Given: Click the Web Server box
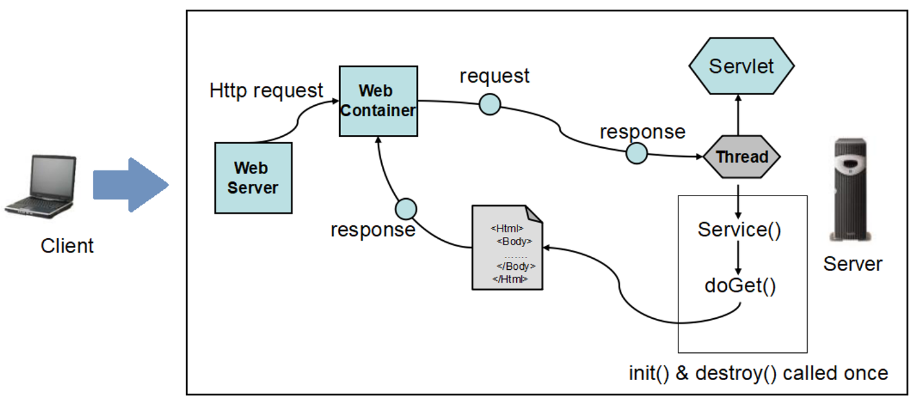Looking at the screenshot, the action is click(x=253, y=177).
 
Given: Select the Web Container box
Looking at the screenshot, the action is click(x=378, y=101).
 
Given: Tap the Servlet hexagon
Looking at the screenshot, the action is click(x=741, y=66).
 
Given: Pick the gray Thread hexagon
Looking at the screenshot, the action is click(x=742, y=157).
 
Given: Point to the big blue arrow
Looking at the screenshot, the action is click(x=131, y=185).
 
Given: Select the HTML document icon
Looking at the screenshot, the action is click(x=507, y=248).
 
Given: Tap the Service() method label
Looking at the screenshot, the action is click(x=739, y=230).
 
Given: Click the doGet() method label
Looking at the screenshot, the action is click(x=740, y=286).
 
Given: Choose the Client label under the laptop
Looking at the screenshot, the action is click(x=67, y=246).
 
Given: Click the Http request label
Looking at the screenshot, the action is click(x=266, y=91).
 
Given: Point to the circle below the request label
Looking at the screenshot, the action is click(x=490, y=105).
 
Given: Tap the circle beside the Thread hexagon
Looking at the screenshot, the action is click(x=636, y=153).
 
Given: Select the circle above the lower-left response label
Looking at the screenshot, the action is click(x=406, y=209).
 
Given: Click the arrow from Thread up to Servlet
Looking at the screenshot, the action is click(x=738, y=115).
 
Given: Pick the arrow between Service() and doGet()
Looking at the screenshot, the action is click(x=738, y=258).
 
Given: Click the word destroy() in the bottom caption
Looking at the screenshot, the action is click(x=736, y=374).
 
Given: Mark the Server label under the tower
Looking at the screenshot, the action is click(x=853, y=264).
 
